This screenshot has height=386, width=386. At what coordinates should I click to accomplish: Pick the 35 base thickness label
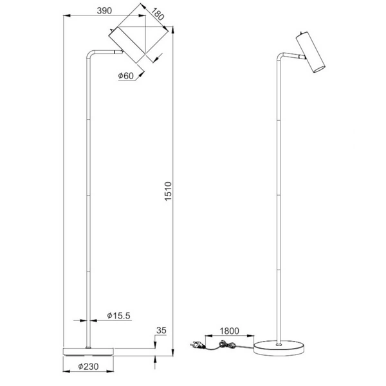161,331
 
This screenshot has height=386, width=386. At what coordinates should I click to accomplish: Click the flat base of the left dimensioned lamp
88,351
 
